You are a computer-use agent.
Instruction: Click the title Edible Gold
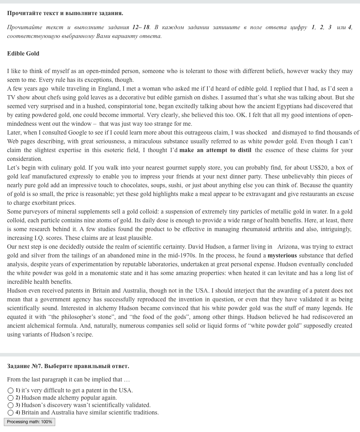23,53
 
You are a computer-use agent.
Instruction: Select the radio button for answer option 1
11,391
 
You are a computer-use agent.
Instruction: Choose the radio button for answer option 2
11,398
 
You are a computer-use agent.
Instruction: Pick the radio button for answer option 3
11,405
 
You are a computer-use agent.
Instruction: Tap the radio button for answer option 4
11,413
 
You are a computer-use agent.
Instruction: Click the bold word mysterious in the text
282,255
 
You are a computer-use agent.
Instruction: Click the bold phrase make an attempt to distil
215,150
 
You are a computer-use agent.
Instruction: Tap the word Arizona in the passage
288,247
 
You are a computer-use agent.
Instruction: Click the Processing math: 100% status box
30,422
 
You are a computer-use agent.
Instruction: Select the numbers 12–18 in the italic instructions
141,27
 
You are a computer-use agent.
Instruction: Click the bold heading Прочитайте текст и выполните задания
65,13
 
